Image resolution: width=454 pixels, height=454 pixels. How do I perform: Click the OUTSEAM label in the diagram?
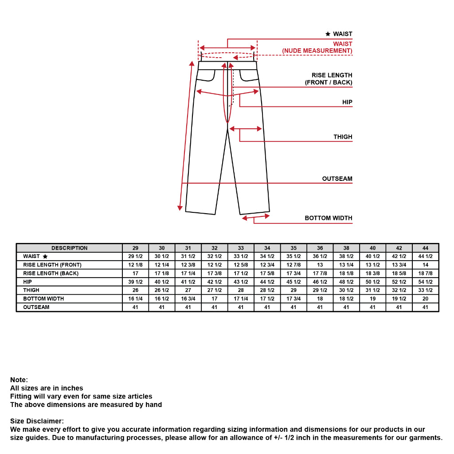click(x=337, y=179)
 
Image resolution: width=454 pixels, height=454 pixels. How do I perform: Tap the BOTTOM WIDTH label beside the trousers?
click(x=328, y=218)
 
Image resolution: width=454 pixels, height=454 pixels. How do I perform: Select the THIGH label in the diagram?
click(x=343, y=137)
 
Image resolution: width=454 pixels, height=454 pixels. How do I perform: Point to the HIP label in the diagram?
click(x=347, y=102)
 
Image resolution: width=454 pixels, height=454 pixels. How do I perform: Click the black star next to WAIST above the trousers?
click(x=328, y=34)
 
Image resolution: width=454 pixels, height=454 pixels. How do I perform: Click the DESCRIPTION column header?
click(x=69, y=248)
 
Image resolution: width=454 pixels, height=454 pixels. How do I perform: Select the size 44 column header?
click(x=425, y=248)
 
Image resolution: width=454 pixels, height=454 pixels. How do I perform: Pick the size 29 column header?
click(x=135, y=248)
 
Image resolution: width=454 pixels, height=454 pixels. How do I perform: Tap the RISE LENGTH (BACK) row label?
click(x=51, y=274)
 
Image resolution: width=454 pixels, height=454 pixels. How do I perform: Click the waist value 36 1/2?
click(x=320, y=256)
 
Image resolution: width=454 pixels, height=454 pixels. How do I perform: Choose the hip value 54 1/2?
click(x=425, y=282)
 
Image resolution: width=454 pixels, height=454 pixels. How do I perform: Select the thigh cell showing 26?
click(x=135, y=290)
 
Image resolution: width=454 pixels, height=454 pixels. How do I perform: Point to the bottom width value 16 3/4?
click(x=188, y=299)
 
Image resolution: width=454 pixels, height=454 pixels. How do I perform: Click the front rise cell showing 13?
click(x=320, y=265)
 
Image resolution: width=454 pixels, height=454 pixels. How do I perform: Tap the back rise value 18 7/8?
click(x=425, y=274)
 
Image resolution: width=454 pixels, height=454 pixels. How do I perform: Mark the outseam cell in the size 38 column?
click(x=346, y=307)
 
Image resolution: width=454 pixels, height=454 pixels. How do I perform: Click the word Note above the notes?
click(x=19, y=380)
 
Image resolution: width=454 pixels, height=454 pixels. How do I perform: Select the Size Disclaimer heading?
click(x=37, y=421)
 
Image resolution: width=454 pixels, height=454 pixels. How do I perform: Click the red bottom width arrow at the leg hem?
click(x=256, y=217)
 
